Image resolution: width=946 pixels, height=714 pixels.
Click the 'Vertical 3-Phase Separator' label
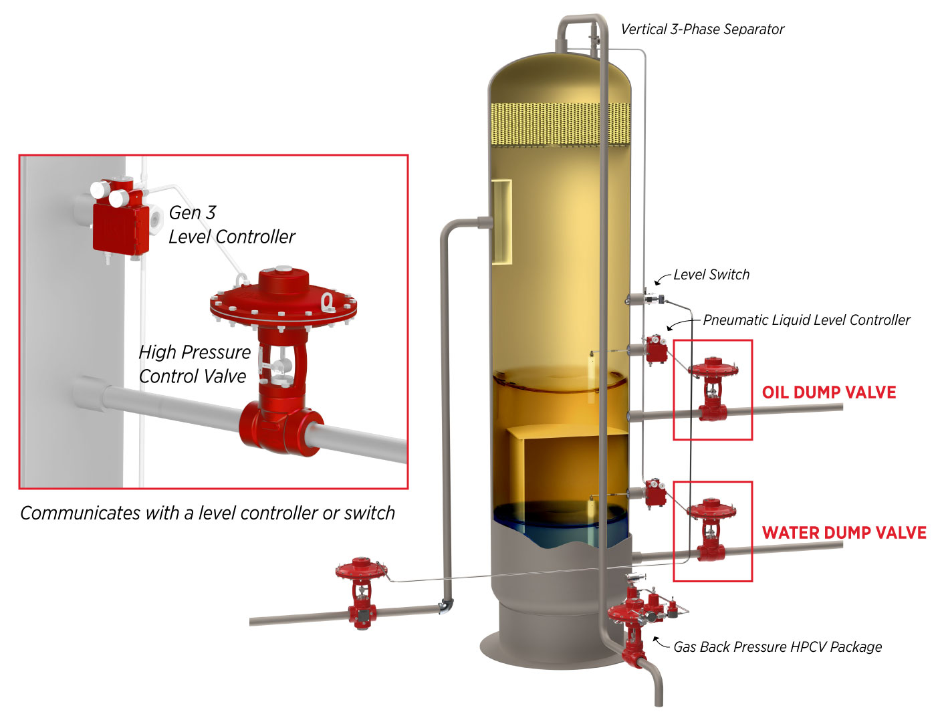point(702,29)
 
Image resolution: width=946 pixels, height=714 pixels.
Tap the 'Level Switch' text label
point(711,275)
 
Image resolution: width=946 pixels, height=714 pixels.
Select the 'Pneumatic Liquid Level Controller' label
point(806,320)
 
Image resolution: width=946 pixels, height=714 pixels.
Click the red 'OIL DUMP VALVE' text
point(829,392)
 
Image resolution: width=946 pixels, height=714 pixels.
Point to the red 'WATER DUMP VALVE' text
point(844,533)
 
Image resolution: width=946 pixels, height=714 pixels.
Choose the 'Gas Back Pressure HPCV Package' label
point(777,647)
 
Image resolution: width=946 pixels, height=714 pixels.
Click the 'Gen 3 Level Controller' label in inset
point(231,225)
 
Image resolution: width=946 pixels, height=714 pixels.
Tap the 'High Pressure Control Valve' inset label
point(194,364)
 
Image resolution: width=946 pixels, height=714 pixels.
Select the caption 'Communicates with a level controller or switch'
point(207,513)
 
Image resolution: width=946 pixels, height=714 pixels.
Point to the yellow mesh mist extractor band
point(560,124)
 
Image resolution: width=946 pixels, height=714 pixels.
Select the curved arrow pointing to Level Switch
point(662,278)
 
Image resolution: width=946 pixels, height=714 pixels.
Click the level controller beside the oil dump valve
point(656,349)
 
